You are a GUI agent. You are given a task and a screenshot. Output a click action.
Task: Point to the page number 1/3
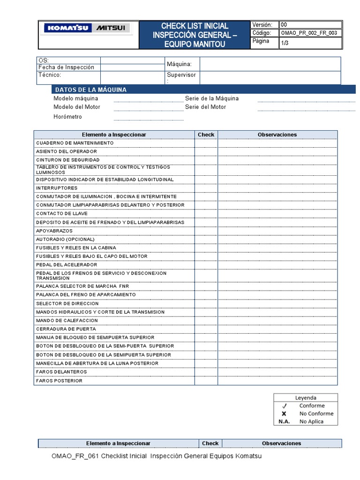click(x=285, y=43)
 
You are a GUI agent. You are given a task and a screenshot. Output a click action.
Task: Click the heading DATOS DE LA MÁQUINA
click(x=90, y=90)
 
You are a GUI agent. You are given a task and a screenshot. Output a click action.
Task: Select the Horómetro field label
click(x=67, y=117)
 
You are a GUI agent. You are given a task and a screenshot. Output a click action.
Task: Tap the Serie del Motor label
click(x=205, y=107)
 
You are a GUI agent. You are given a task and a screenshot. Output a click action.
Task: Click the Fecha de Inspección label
click(x=66, y=67)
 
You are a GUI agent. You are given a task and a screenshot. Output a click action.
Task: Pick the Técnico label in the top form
click(x=50, y=75)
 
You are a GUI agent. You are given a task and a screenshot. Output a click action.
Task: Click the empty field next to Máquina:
click(x=270, y=64)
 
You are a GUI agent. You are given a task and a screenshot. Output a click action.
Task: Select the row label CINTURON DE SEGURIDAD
click(x=67, y=160)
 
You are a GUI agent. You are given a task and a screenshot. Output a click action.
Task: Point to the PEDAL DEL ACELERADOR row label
click(x=67, y=265)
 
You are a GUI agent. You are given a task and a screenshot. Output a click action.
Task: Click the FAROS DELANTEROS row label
click(x=61, y=372)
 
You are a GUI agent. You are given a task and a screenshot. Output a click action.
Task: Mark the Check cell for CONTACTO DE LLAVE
click(x=206, y=214)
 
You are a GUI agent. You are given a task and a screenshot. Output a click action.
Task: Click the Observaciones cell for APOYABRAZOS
click(x=277, y=231)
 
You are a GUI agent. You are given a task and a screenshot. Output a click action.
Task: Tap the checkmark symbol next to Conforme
click(x=284, y=406)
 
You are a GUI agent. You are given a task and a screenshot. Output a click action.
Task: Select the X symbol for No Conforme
click(x=284, y=413)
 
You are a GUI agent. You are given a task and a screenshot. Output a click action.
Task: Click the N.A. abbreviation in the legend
click(x=284, y=421)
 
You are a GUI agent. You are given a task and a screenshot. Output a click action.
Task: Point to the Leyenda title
click(x=306, y=397)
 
